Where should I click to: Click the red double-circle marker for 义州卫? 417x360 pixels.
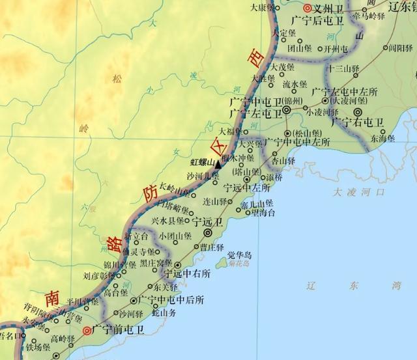click(289, 9)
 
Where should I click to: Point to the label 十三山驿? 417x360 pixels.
click(345, 68)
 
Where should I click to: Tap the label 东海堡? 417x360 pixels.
click(383, 138)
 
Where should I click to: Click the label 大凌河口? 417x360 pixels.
click(358, 193)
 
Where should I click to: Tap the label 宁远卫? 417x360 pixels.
click(209, 222)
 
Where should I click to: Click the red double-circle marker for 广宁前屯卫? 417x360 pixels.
click(87, 331)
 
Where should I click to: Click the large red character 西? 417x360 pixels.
click(256, 59)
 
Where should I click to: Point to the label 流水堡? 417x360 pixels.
click(295, 84)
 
